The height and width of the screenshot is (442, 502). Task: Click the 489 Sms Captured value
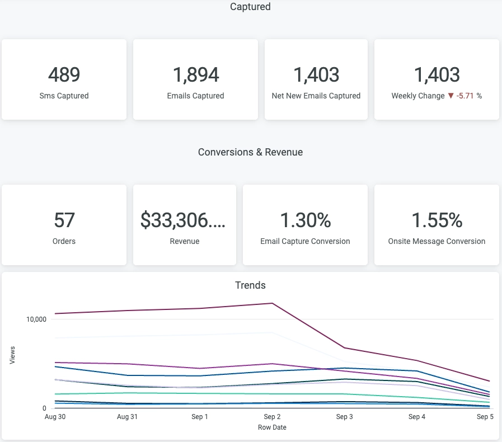[64, 74]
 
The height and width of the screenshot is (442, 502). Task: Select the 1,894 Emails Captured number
[195, 74]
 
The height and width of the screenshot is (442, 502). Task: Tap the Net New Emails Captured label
[316, 96]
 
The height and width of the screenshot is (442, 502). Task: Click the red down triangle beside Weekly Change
[451, 96]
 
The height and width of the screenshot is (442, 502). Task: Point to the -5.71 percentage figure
[465, 96]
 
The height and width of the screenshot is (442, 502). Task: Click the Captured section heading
[250, 7]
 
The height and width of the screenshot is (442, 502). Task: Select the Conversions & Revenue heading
[250, 152]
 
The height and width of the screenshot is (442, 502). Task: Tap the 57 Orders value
[64, 220]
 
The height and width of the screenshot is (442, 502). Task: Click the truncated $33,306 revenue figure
[183, 220]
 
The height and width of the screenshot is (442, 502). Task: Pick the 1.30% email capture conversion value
[305, 220]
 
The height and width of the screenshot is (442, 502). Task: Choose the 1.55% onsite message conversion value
[437, 220]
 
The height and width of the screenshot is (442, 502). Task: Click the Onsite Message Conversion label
[437, 241]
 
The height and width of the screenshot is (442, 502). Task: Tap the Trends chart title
[250, 285]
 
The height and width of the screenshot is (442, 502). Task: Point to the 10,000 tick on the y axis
[35, 319]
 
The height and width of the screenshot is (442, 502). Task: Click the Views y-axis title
[12, 355]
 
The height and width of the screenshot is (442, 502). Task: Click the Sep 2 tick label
[272, 417]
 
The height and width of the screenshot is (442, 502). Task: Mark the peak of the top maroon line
[272, 303]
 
